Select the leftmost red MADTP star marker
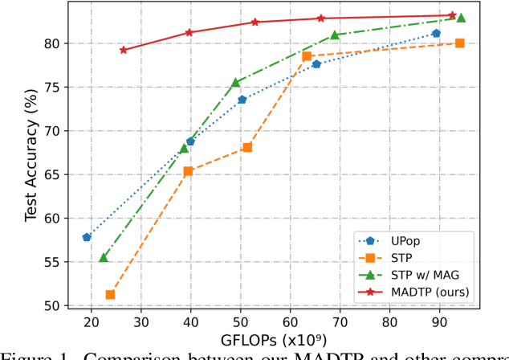123,50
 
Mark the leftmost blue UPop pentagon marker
87,237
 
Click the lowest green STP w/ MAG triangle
104,257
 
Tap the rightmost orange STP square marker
460,43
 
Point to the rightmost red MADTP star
452,15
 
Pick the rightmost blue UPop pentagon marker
436,34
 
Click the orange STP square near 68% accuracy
247,148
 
